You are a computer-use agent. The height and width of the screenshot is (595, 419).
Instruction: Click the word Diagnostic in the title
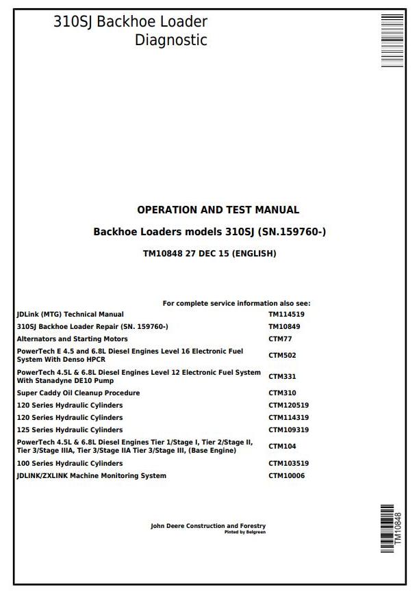(170, 40)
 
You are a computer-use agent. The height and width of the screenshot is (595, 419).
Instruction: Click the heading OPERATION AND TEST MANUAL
(218, 210)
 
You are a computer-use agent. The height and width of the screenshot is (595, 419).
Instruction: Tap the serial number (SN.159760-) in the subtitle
(293, 232)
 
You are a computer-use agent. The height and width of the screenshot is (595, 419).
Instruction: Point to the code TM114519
(286, 315)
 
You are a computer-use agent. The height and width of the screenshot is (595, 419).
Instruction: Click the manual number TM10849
(284, 327)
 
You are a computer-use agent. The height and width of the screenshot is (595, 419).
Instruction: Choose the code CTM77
(280, 339)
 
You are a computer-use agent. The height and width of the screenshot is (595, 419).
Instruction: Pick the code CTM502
(282, 356)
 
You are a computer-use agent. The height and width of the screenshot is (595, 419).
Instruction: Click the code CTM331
(282, 377)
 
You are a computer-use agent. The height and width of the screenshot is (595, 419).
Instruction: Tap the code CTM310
(282, 393)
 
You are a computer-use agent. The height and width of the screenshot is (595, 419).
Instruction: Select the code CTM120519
(288, 406)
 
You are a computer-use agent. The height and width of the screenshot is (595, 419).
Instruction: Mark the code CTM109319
(288, 430)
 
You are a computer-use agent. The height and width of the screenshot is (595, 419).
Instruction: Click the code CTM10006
(286, 476)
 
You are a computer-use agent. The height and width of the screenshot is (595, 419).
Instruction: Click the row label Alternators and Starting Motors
(72, 339)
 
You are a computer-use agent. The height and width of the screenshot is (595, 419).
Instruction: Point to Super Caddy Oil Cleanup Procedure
(78, 393)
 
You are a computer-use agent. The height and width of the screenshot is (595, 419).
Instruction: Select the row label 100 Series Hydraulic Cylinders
(70, 464)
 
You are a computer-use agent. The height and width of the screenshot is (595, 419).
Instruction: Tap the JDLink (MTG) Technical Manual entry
(70, 315)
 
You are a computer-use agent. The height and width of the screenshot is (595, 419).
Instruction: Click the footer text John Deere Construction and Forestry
(208, 526)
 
